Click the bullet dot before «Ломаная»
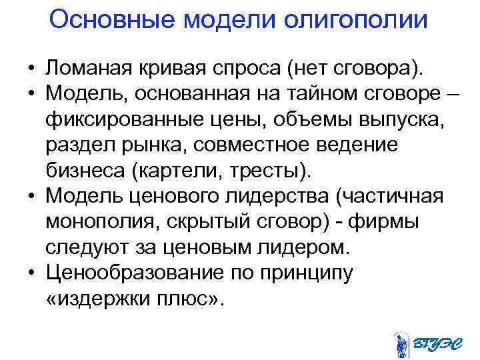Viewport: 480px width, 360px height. (31, 69)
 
